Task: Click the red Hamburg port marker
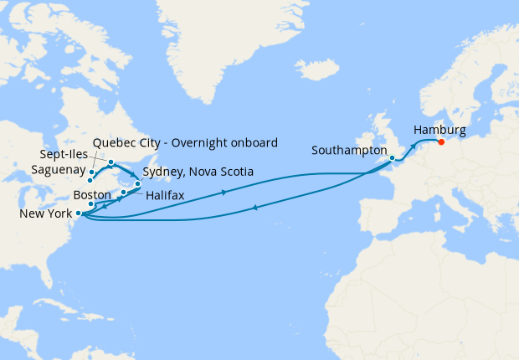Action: (x=441, y=141)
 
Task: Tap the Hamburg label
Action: (x=439, y=129)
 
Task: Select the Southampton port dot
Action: (x=392, y=157)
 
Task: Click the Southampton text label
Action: (x=349, y=151)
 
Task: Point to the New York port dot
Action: (x=79, y=213)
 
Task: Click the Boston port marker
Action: (x=91, y=203)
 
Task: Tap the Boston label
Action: (x=92, y=194)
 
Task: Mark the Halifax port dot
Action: (x=123, y=193)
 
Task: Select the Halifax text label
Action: (x=165, y=195)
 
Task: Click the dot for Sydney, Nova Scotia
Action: (x=137, y=183)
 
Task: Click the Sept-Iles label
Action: (x=67, y=156)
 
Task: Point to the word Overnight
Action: (x=205, y=141)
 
